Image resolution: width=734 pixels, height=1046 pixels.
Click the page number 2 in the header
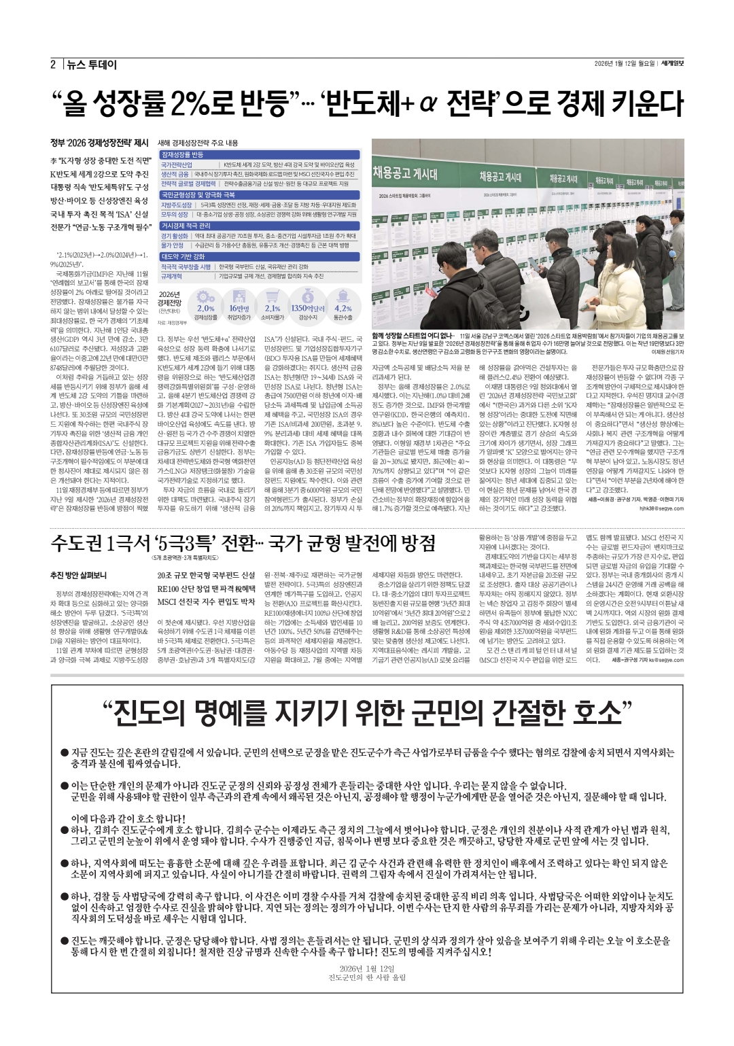pos(52,65)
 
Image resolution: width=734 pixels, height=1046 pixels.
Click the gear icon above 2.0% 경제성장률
pos(205,296)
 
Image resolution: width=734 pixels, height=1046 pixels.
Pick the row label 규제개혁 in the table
pos(171,277)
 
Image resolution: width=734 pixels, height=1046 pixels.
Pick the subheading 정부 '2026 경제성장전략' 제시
pos(99,143)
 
